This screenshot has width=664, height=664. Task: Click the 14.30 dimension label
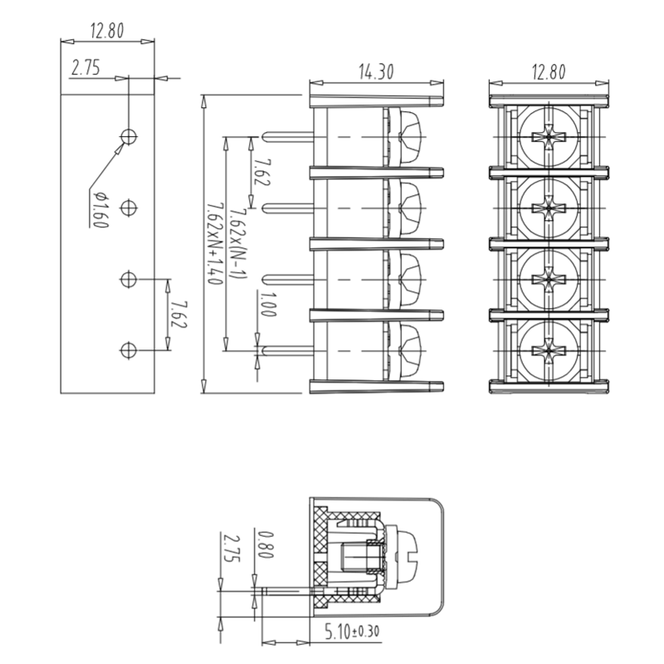tap(376, 72)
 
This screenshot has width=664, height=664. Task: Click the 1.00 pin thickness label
tap(265, 303)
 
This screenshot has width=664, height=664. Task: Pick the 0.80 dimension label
tap(265, 544)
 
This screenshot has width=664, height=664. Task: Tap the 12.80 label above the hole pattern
tap(107, 32)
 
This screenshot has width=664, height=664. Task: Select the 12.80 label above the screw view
tap(548, 72)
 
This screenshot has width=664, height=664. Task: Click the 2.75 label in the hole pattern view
tap(85, 68)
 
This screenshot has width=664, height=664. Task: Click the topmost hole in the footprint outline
tap(129, 136)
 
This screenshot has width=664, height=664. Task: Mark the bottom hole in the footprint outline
tap(128, 350)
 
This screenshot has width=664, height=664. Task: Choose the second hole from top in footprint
tap(129, 207)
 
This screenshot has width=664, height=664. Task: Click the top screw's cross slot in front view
tap(549, 137)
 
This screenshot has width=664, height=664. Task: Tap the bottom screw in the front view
tap(549, 349)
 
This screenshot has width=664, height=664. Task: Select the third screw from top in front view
tap(549, 278)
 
